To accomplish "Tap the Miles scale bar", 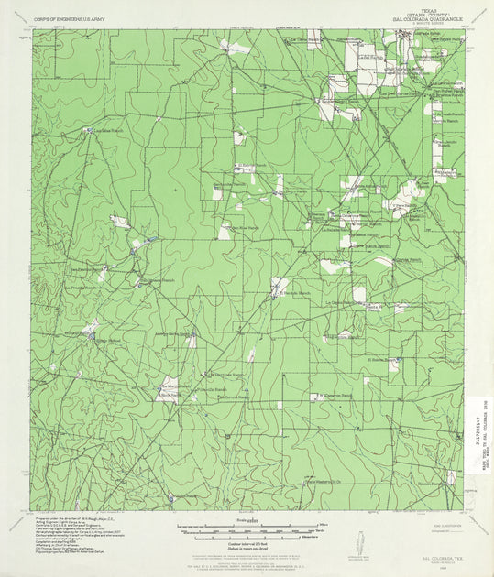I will tap(247, 526).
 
